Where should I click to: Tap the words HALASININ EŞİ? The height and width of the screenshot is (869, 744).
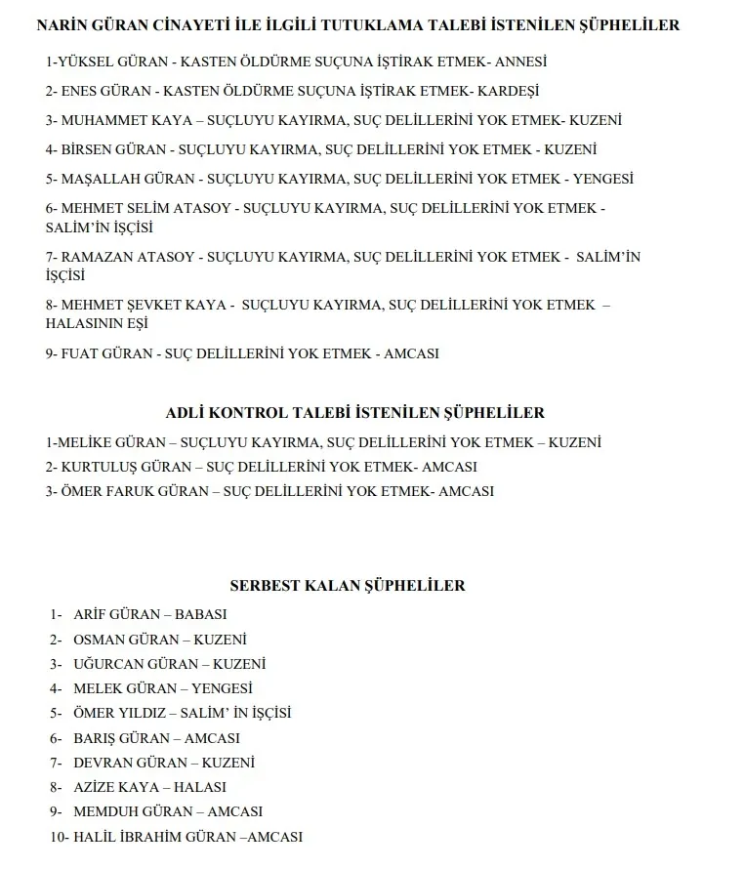96,324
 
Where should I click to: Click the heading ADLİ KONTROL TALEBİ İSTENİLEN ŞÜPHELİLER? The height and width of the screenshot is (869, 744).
355,413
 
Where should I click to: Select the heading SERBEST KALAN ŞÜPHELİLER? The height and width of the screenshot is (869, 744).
348,586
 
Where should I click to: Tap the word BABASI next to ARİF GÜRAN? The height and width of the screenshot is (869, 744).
200,615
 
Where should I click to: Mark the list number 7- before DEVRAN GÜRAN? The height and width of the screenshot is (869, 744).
56,763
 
